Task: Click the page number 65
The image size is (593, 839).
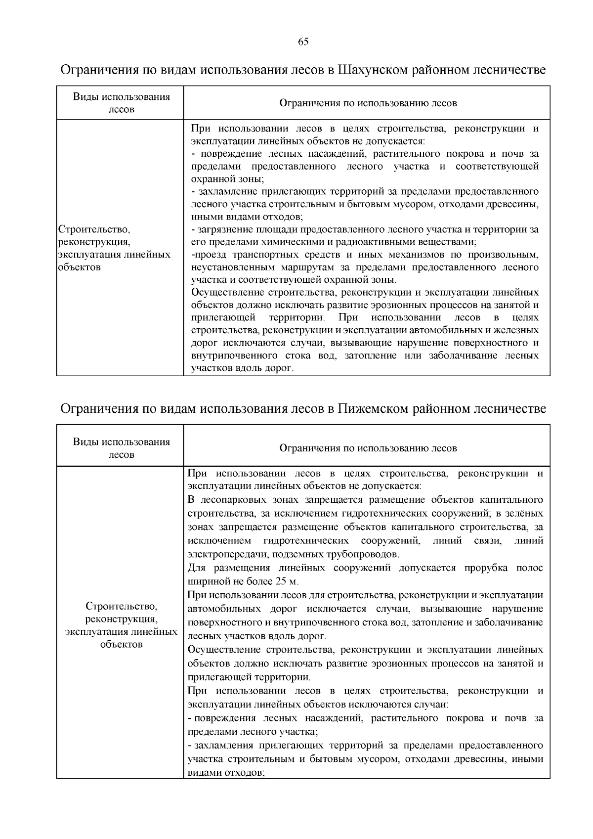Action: point(303,42)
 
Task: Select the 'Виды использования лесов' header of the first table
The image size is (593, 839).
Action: point(121,103)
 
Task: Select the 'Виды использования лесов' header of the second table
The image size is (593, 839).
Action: point(121,447)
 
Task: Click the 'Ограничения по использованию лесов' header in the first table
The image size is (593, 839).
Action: point(368,103)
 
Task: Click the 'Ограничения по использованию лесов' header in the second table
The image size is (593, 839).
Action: point(368,448)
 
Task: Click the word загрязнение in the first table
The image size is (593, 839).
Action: point(221,229)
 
